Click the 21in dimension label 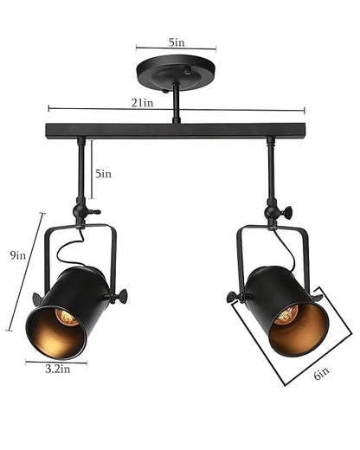pos(144,103)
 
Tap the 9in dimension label pos(17,256)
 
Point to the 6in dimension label pos(321,374)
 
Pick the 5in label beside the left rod pos(104,173)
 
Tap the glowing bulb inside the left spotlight pos(65,318)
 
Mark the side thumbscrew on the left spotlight pos(119,297)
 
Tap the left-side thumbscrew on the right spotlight pos(233,297)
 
